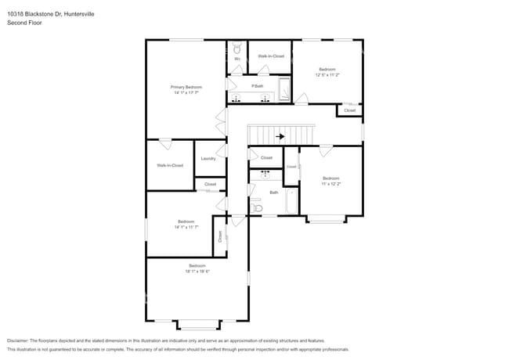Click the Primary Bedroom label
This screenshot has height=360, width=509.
click(186, 86)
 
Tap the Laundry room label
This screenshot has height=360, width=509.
click(208, 158)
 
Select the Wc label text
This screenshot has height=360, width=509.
click(237, 59)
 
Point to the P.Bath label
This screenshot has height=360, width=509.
click(257, 85)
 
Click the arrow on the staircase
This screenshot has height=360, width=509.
click(280, 136)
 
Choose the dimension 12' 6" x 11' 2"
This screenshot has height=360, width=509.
click(328, 75)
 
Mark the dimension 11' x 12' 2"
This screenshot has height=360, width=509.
click(330, 183)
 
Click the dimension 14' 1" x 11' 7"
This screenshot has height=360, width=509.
click(186, 227)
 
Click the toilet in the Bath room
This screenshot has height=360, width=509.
click(257, 208)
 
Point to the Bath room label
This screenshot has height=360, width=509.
click(274, 192)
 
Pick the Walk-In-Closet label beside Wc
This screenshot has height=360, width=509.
click(271, 56)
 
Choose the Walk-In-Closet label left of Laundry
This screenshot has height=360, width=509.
click(170, 165)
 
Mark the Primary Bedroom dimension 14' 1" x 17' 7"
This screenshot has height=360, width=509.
click(186, 92)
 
